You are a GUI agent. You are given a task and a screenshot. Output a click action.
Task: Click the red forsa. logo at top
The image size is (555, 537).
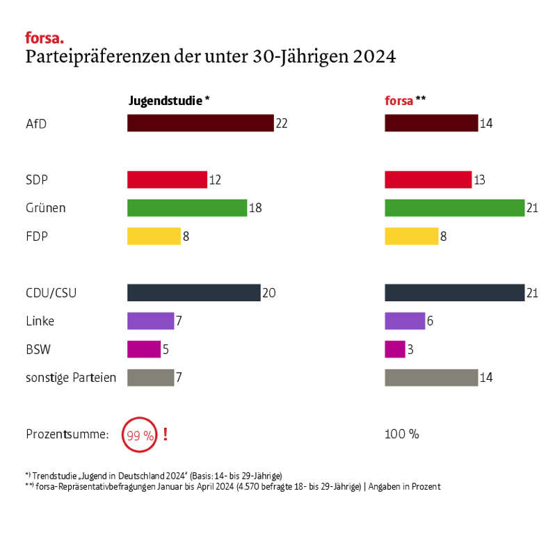coord(44,38)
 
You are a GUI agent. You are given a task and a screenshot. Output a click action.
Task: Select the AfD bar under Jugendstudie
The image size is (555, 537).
coord(200,123)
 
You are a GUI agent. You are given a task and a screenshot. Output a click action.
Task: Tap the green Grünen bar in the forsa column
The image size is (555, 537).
coord(454,207)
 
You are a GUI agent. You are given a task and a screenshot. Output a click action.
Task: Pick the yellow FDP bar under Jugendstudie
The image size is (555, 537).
coord(154,236)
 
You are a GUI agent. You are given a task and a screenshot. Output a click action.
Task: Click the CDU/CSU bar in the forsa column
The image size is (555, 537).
coord(454,293)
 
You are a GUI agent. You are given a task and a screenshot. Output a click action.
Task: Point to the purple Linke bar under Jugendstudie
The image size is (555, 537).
coord(150,321)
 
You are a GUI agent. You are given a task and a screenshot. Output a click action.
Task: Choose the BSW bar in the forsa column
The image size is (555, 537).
coord(395,349)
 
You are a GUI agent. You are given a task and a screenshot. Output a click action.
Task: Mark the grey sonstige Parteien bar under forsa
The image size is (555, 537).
coord(431,378)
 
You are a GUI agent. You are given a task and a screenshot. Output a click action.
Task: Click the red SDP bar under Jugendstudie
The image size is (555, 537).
coord(167,179)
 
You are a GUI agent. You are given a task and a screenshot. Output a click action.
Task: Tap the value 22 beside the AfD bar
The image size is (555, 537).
coord(282,124)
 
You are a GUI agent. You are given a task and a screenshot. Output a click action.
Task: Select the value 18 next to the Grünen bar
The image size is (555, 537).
coord(255,208)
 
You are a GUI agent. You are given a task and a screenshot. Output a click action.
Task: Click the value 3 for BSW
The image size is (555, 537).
coord(410,350)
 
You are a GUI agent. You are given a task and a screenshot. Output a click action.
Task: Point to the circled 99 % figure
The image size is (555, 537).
coord(139,435)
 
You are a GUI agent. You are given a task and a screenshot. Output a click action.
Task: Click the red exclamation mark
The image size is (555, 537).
coord(166,435)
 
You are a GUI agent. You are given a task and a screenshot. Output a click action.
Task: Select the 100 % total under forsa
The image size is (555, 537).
coord(402,435)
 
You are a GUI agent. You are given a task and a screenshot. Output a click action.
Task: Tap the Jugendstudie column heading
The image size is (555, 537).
coord(169,100)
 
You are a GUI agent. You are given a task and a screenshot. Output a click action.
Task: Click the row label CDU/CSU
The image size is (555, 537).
coord(51,293)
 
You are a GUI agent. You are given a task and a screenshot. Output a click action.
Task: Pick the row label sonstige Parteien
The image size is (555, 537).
coord(70,378)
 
